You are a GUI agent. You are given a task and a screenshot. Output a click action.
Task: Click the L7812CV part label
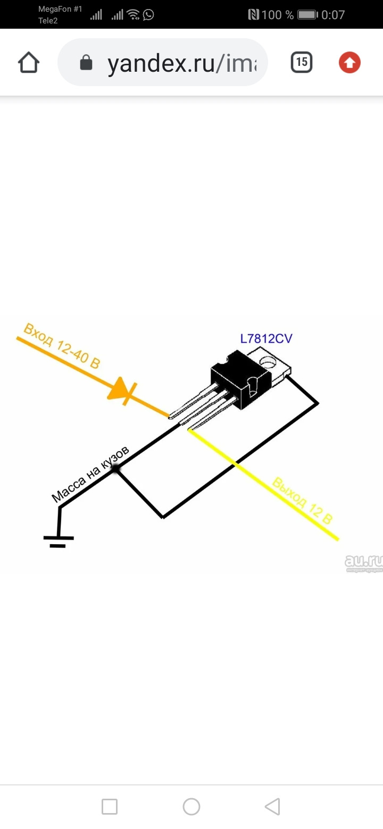pyautogui.click(x=266, y=339)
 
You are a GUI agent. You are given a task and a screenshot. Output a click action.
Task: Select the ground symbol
pyautogui.click(x=59, y=539)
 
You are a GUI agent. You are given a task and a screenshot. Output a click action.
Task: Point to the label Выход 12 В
pyautogui.click(x=302, y=501)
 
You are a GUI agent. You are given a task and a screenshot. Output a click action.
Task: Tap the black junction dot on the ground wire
pyautogui.click(x=115, y=469)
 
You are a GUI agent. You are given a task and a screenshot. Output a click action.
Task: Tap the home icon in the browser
pyautogui.click(x=29, y=63)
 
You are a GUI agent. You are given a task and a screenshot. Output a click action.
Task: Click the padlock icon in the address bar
pyautogui.click(x=85, y=63)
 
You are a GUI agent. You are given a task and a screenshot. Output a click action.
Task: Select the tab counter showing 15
pyautogui.click(x=302, y=62)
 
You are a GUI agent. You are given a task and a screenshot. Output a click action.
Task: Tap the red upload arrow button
pyautogui.click(x=349, y=63)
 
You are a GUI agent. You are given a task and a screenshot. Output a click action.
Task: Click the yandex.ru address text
pyautogui.click(x=181, y=63)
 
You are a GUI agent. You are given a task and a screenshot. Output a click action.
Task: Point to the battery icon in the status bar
pyautogui.click(x=307, y=15)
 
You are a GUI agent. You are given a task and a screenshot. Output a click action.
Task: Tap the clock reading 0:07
pyautogui.click(x=333, y=15)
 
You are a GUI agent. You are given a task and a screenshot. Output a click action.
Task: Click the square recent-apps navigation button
pyautogui.click(x=110, y=807)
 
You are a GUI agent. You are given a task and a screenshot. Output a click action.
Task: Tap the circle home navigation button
pyautogui.click(x=191, y=807)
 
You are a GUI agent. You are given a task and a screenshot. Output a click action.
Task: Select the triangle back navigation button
pyautogui.click(x=272, y=807)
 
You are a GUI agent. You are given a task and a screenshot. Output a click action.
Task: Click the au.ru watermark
pyautogui.click(x=364, y=562)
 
